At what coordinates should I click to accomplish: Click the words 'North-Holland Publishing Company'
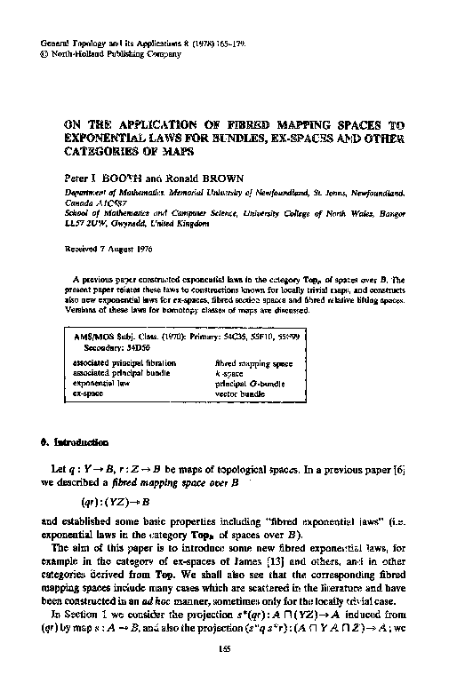point(105,52)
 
